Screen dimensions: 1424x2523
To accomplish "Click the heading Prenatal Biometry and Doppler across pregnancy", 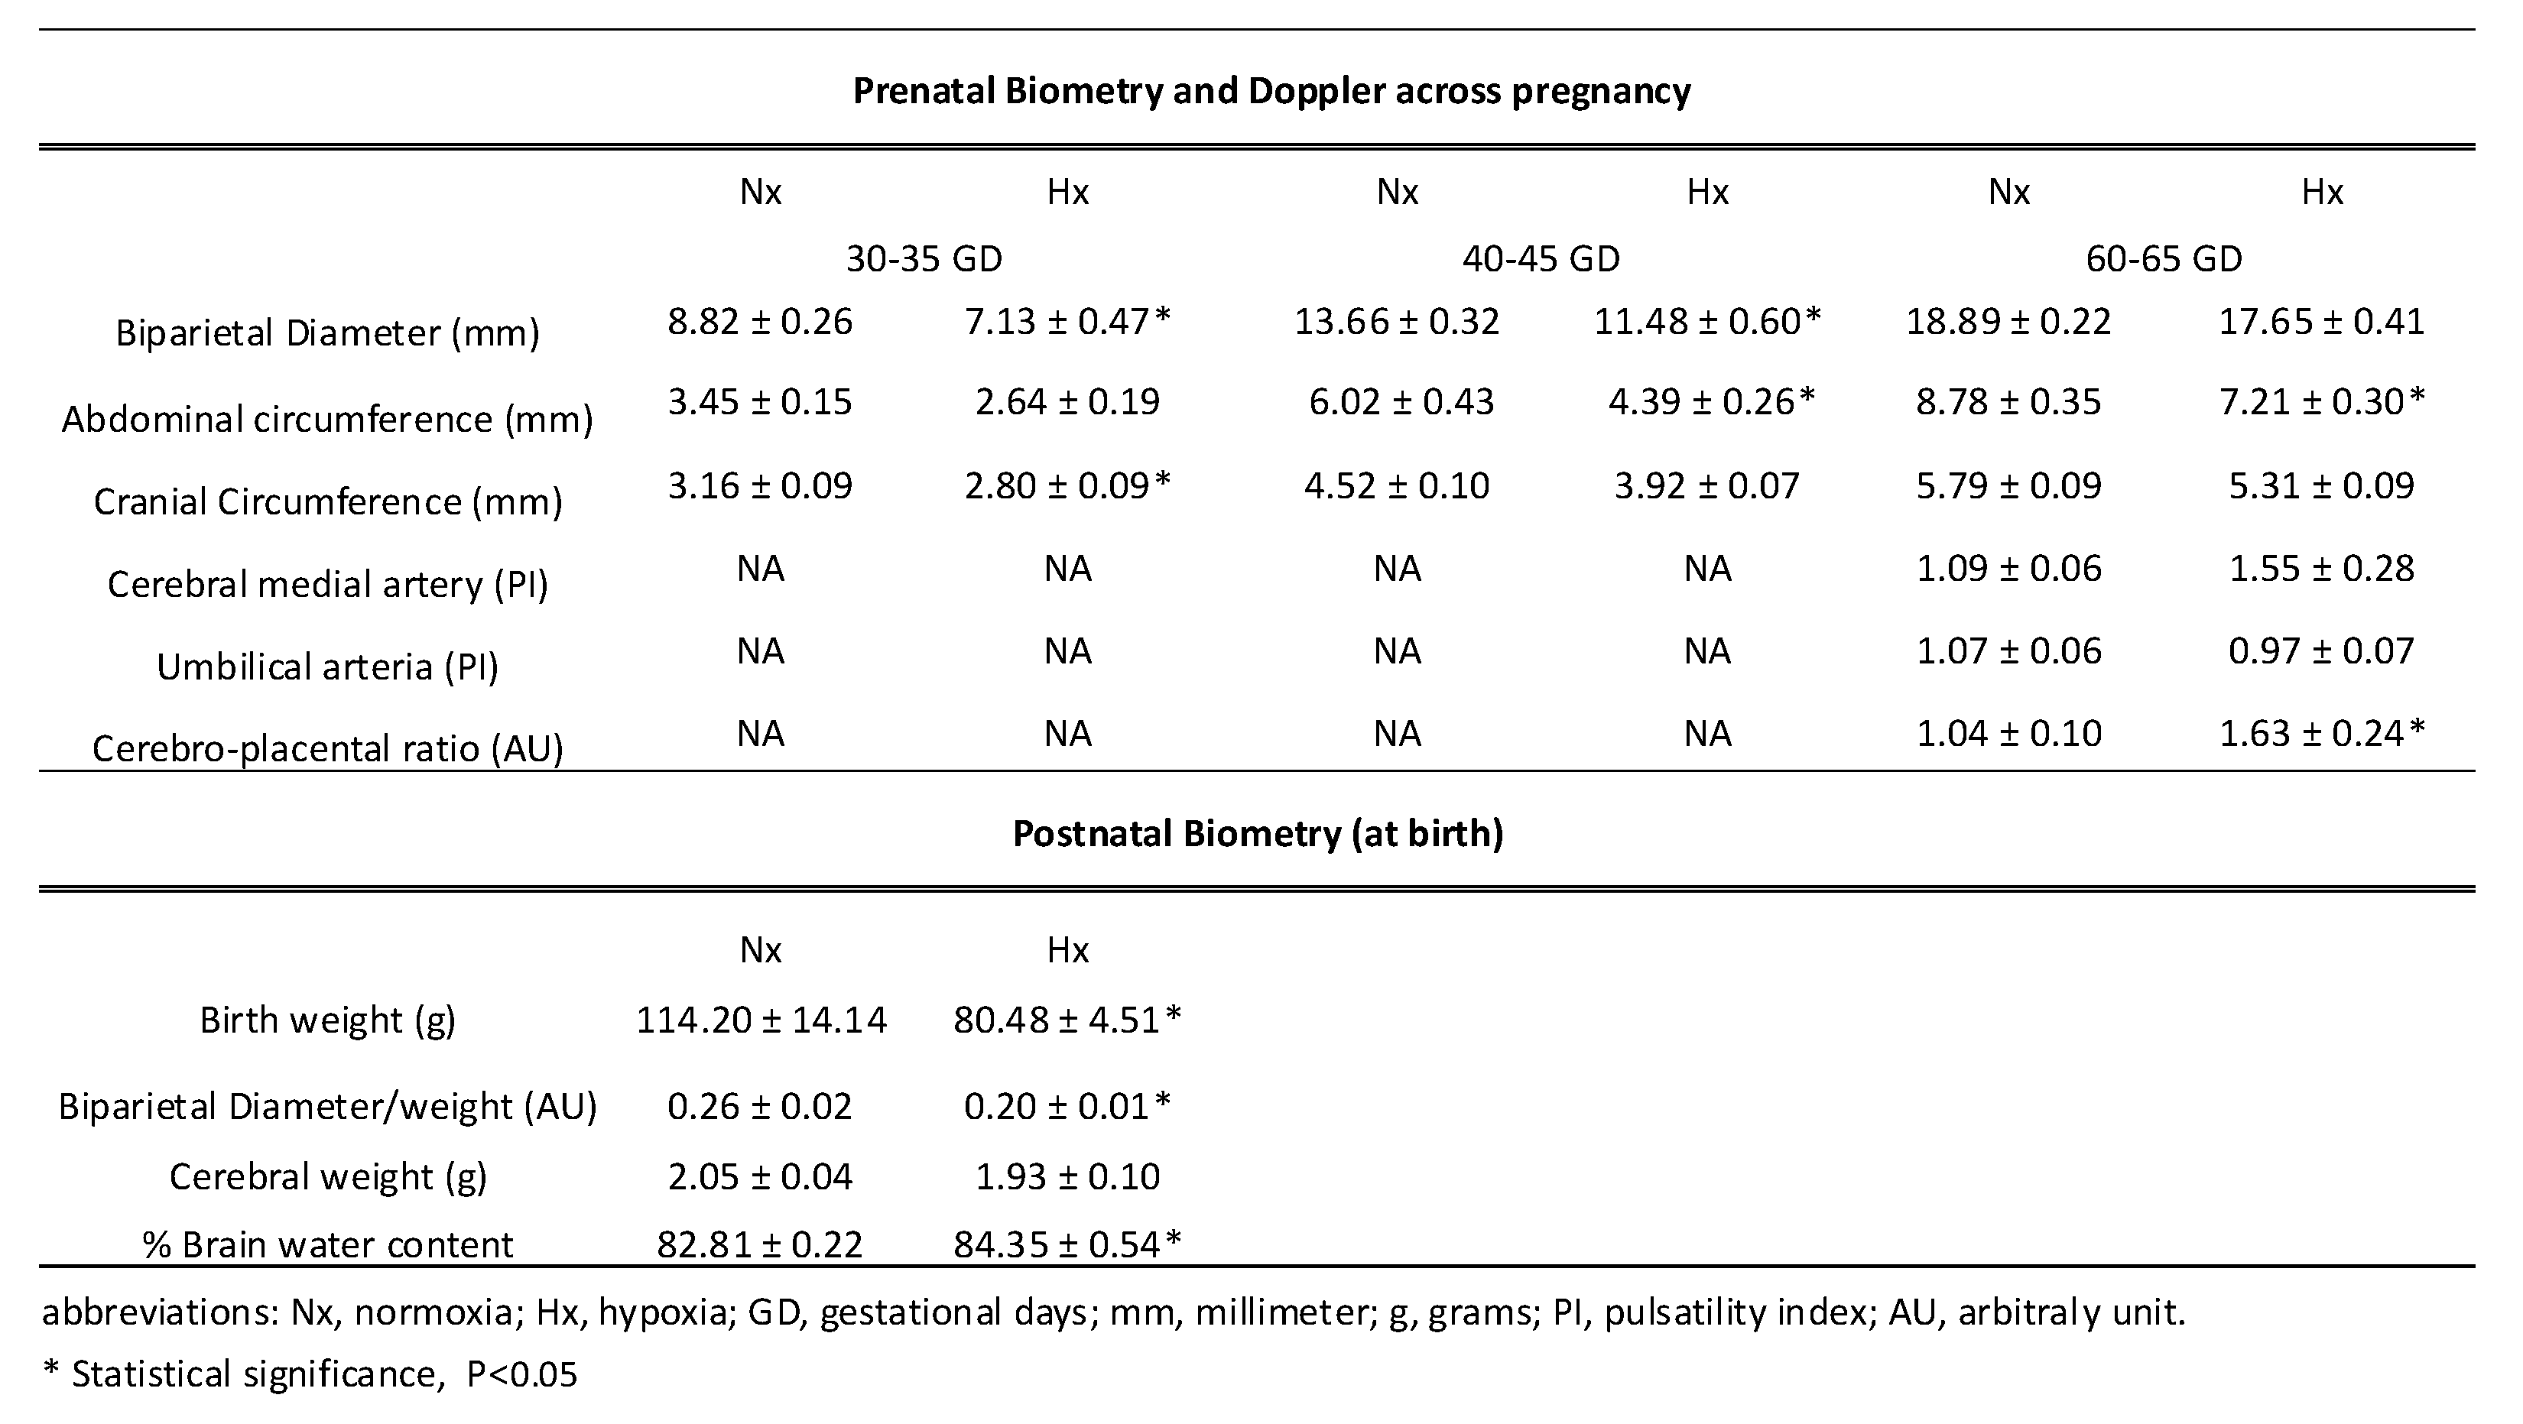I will [x=1271, y=91].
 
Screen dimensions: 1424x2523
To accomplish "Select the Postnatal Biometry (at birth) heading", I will [x=1258, y=833].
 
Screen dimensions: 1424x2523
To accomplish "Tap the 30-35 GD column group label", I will [x=924, y=258].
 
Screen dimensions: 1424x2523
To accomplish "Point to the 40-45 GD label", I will [x=1541, y=258].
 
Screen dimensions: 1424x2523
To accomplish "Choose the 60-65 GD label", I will [x=2164, y=258].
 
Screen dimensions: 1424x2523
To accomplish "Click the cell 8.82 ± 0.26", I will [x=760, y=321].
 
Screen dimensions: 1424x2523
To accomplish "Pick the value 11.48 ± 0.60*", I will [x=1707, y=321].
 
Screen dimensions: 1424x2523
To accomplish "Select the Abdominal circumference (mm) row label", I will [x=327, y=419].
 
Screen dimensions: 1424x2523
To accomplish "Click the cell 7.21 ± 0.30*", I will [x=2321, y=401].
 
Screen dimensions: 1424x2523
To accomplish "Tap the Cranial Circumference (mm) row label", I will [x=327, y=501].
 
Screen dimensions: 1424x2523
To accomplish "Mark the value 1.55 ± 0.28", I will [x=2321, y=568].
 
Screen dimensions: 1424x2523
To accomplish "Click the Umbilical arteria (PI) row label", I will [x=327, y=667].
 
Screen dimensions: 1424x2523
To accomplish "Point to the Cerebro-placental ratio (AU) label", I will [x=327, y=749].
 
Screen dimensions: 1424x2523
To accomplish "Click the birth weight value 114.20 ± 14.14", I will [x=761, y=1020].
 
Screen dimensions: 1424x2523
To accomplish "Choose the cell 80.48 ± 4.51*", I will [x=1067, y=1020].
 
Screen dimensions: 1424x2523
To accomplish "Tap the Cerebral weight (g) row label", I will [x=327, y=1176].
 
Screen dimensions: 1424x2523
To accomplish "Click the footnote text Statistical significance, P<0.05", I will [x=323, y=1374].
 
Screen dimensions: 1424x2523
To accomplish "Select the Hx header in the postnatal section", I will [x=1067, y=950].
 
